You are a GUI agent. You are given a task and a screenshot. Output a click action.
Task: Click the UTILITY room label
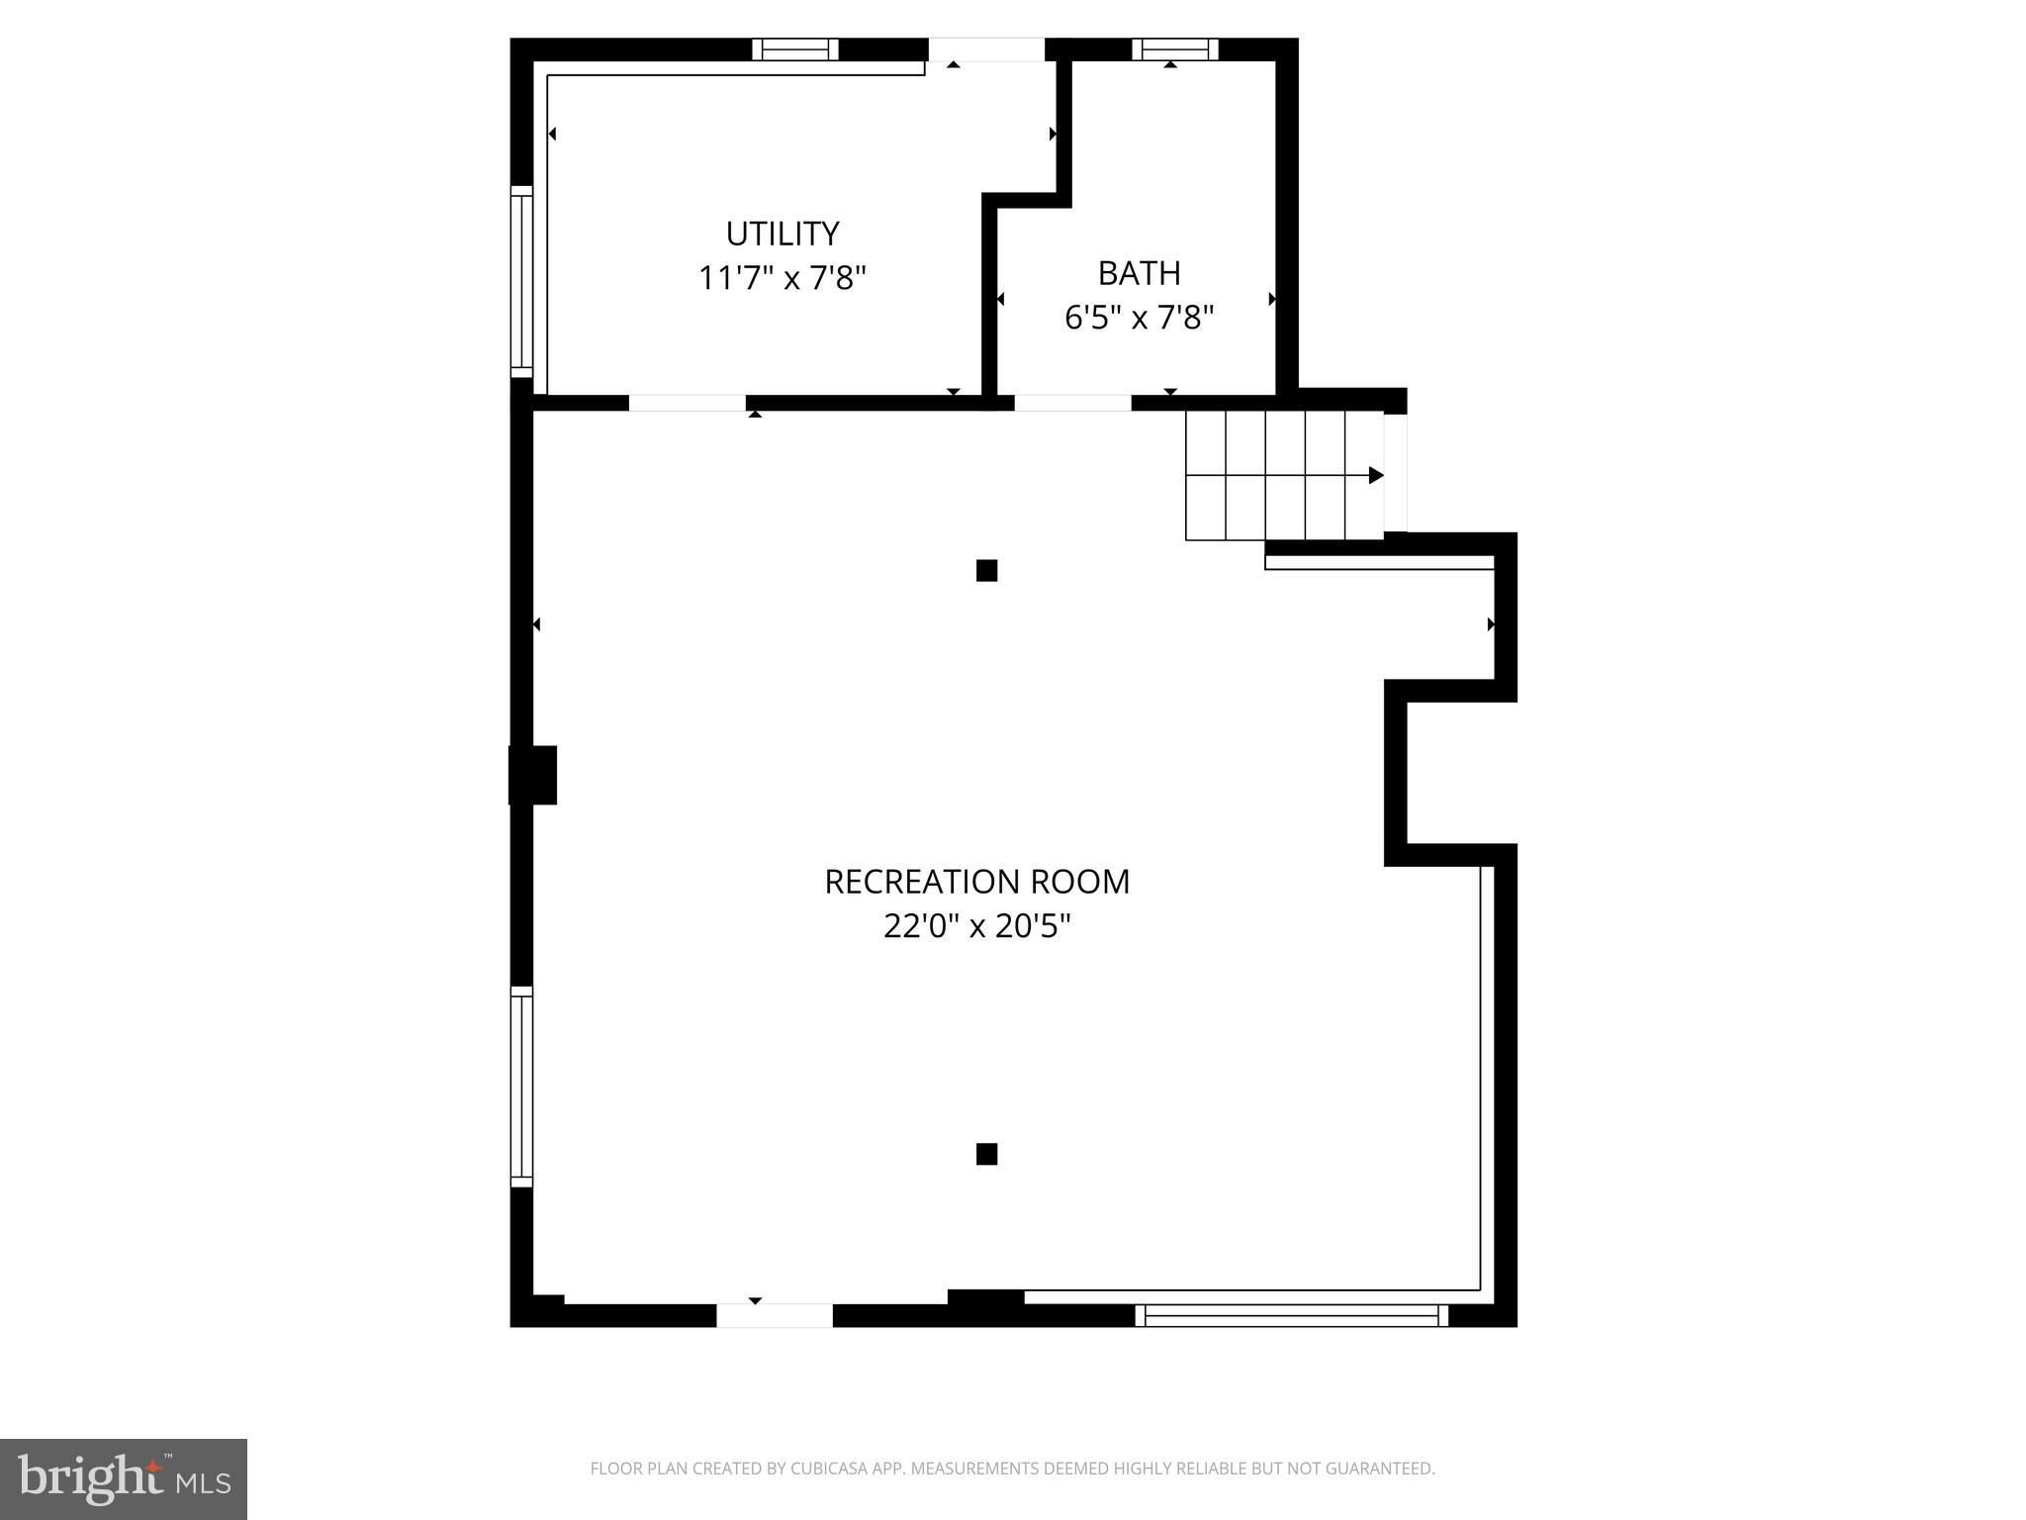tap(783, 234)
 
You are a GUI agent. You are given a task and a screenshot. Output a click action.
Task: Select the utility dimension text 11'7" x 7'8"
tap(783, 278)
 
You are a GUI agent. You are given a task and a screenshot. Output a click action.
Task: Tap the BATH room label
tap(1139, 272)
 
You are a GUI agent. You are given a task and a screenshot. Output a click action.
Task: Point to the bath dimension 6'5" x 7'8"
tap(1139, 318)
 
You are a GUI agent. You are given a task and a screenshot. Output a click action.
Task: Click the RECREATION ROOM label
tap(976, 882)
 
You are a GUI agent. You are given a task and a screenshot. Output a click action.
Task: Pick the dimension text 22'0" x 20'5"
tap(976, 926)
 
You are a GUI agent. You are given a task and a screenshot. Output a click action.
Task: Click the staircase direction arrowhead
tap(1376, 475)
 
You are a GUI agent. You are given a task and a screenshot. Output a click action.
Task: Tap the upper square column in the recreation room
tap(986, 570)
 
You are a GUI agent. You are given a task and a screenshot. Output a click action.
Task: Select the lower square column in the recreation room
tap(986, 1154)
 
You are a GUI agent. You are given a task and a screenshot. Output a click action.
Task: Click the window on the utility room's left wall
tap(521, 281)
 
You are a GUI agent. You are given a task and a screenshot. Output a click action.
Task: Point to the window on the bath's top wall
tap(1175, 49)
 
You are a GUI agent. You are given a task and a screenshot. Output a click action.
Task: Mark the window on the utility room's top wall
tap(795, 49)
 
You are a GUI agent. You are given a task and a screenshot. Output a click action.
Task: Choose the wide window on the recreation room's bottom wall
tap(1291, 1315)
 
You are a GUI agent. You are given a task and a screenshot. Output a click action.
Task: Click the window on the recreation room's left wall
tap(521, 1087)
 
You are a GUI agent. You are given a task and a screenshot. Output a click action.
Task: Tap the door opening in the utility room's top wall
tap(985, 49)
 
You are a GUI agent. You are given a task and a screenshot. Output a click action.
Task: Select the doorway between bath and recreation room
tap(1072, 403)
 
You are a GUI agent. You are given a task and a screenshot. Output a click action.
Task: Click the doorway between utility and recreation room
tap(687, 403)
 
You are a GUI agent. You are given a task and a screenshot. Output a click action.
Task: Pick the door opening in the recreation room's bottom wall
tap(775, 1315)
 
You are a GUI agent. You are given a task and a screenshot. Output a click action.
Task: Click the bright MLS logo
tap(124, 1478)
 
